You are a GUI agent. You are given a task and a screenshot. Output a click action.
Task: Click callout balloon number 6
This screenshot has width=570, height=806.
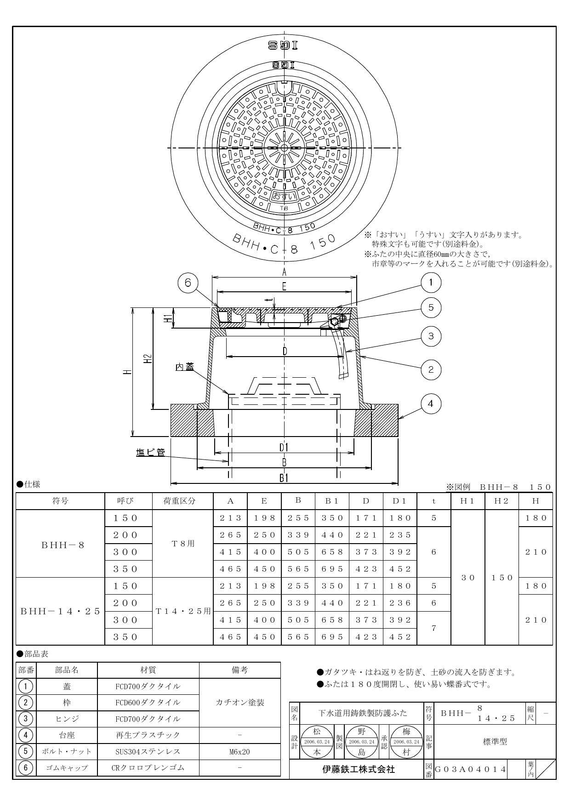(x=188, y=283)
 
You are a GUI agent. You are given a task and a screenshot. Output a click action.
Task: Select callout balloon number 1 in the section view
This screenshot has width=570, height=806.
(x=431, y=283)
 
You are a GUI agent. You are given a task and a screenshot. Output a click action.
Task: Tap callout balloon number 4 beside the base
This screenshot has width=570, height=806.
(x=431, y=403)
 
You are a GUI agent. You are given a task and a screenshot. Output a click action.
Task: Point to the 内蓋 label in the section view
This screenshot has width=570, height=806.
(x=185, y=367)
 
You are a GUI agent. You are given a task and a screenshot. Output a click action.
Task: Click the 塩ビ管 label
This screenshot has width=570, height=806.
(x=150, y=453)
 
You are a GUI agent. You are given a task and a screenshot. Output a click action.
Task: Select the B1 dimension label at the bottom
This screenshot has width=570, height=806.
(x=284, y=478)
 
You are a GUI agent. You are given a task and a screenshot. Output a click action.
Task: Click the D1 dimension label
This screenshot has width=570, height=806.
(x=284, y=447)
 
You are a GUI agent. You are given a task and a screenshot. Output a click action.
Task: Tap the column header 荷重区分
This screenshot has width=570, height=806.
(x=182, y=501)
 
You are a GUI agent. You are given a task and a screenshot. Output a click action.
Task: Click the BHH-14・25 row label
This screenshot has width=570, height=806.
(x=60, y=611)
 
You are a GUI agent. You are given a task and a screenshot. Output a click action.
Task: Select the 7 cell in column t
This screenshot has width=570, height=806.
(x=433, y=628)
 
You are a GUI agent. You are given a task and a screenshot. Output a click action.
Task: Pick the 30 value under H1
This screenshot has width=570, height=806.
(x=467, y=577)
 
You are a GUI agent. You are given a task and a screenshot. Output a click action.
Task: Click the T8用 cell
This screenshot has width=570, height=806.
(x=182, y=543)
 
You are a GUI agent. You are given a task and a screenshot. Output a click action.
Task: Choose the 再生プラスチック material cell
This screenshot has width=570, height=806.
(x=148, y=735)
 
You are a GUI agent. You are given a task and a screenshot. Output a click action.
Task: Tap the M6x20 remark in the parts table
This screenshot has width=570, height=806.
(x=239, y=752)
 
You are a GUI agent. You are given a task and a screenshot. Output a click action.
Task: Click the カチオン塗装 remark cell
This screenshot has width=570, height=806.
(x=239, y=703)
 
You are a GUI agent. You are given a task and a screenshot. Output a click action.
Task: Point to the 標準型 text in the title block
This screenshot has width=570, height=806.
(x=495, y=741)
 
